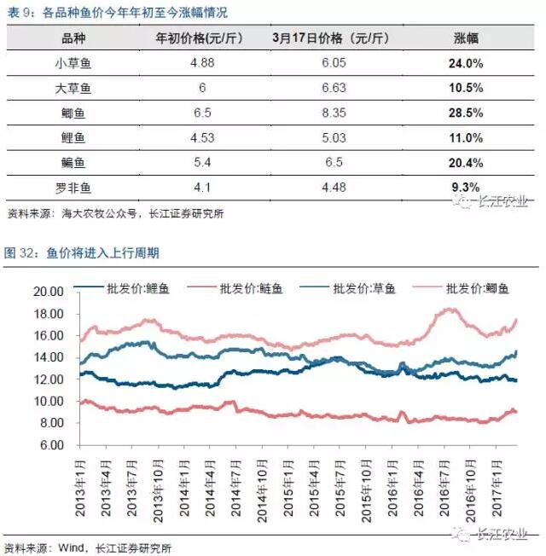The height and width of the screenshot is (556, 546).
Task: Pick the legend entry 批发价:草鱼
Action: (372, 289)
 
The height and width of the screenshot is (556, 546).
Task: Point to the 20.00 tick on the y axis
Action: (50, 291)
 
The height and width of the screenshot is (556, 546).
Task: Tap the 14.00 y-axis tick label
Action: (50, 357)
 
